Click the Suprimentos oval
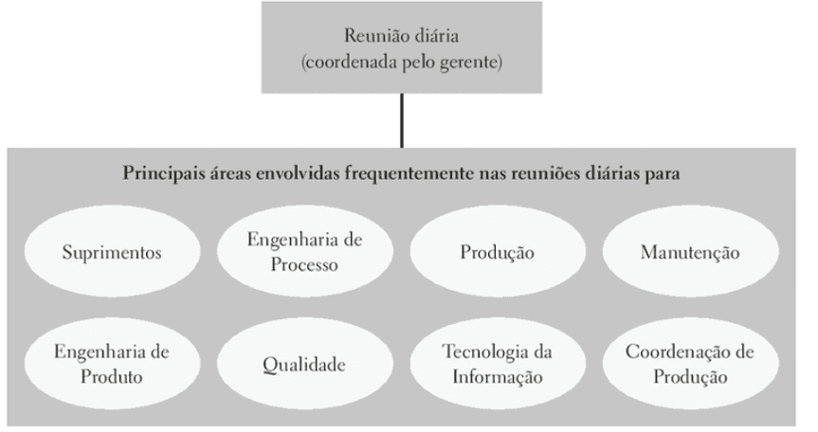[x=112, y=252]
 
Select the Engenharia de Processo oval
[x=305, y=252]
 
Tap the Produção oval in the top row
[x=498, y=252]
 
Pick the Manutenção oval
[x=691, y=252]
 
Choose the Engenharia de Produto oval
[x=112, y=364]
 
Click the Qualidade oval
[x=305, y=364]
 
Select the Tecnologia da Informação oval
[x=498, y=364]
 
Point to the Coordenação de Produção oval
[x=691, y=364]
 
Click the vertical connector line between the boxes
[x=402, y=120]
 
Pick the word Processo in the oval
[x=304, y=264]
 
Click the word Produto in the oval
[x=111, y=376]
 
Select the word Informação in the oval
[x=498, y=377]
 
